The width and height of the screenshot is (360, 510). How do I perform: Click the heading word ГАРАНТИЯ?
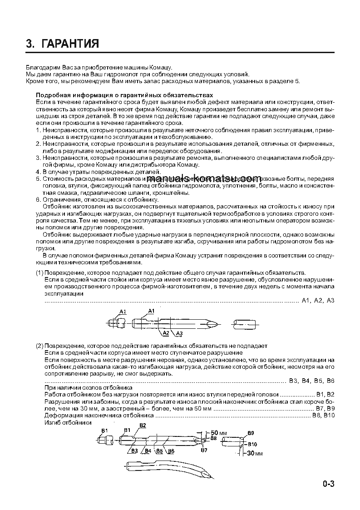coord(70,44)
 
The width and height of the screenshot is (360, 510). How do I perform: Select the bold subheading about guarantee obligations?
coord(124,95)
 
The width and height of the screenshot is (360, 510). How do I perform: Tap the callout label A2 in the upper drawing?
coord(166,333)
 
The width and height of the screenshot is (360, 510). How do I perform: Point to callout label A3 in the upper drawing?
coord(179,334)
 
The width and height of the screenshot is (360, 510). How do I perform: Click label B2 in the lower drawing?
coord(143,425)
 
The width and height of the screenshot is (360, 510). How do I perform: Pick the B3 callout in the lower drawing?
coord(134,451)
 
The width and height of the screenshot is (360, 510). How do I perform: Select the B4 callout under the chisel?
coord(148,451)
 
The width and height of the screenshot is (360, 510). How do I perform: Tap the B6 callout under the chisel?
coord(171,451)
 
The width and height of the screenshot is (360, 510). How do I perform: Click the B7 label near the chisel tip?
coord(204,450)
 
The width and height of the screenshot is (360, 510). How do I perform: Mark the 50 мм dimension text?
coord(219,432)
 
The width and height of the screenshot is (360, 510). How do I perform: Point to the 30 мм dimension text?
coord(256,453)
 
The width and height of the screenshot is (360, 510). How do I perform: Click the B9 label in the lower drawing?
coord(251,433)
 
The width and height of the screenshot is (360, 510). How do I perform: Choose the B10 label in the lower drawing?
coord(252,444)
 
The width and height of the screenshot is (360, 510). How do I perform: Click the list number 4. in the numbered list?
coord(38,172)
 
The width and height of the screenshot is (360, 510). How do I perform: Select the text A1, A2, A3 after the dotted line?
coord(318,301)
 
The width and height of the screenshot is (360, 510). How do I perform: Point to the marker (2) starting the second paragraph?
coord(39,346)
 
